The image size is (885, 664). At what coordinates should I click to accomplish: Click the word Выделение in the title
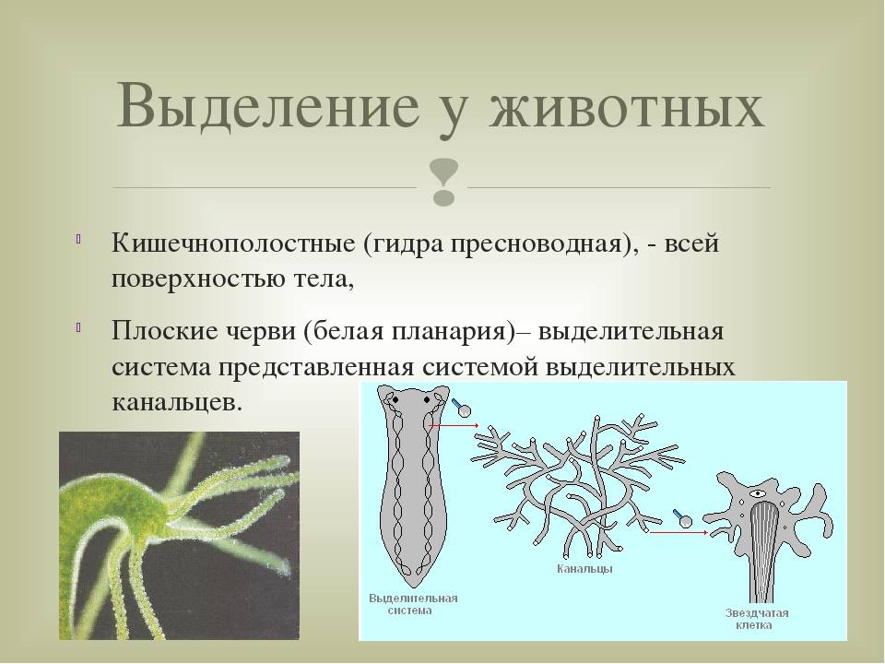point(268,105)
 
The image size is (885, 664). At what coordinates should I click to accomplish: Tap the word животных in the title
point(627,105)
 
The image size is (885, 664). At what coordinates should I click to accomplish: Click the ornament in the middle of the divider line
point(443,182)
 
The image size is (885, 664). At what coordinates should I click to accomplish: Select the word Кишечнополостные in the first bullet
point(233,243)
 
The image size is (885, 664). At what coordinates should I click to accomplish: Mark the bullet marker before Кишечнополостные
point(78,239)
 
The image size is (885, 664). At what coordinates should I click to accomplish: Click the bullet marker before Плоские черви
point(78,326)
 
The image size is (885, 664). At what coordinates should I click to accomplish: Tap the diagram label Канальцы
point(584,569)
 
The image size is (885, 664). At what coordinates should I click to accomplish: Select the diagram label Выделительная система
point(413,604)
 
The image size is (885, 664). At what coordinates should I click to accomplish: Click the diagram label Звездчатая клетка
point(756,619)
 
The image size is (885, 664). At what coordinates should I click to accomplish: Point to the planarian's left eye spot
point(395,399)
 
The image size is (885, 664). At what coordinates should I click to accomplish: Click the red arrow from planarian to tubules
point(454,425)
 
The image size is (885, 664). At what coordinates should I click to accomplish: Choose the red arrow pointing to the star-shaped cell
point(678,532)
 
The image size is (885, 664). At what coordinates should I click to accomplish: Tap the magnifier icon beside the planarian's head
point(461,407)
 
